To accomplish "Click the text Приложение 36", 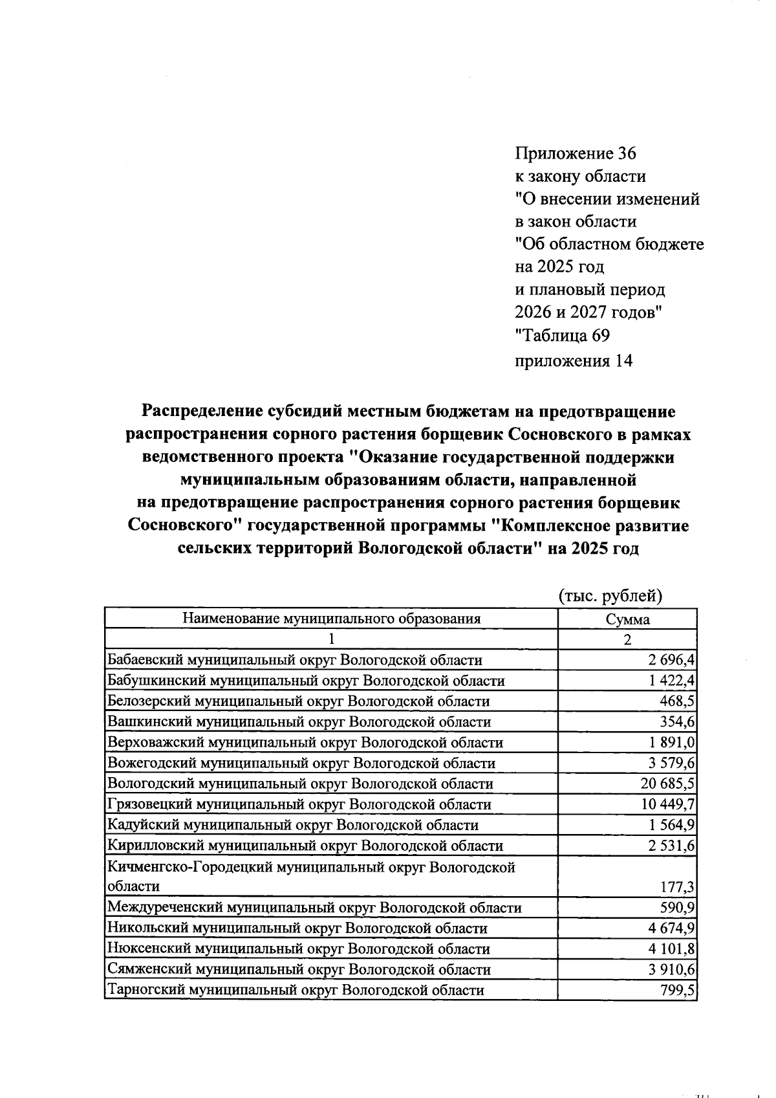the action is [x=575, y=153].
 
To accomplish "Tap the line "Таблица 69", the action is [x=561, y=336].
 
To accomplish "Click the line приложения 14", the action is [x=573, y=360].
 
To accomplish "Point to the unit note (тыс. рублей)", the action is [x=610, y=595].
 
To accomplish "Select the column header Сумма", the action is [x=627, y=619].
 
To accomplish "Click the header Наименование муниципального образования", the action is [x=331, y=619].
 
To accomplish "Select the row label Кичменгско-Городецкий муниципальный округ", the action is [x=311, y=867].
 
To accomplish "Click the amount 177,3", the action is [x=676, y=886].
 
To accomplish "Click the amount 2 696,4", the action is [x=671, y=660].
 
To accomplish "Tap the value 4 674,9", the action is [x=671, y=928].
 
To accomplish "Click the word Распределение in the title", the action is [x=194, y=412].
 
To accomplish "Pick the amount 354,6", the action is [x=676, y=721].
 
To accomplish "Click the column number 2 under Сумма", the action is [x=627, y=639].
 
